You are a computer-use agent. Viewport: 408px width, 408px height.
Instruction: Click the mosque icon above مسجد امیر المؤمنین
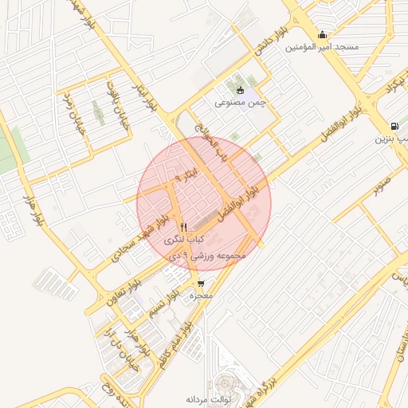tap(322, 34)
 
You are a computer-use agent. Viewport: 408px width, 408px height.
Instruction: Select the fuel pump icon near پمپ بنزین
tap(395, 126)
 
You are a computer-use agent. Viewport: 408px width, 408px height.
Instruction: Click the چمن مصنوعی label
tap(239, 103)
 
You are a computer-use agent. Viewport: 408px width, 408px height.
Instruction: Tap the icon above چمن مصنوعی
tap(240, 89)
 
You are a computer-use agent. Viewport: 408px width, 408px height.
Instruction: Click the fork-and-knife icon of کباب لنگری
tap(183, 226)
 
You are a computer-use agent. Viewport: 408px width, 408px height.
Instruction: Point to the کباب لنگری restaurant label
tap(184, 239)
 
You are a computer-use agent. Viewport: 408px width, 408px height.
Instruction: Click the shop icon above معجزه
tap(200, 283)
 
